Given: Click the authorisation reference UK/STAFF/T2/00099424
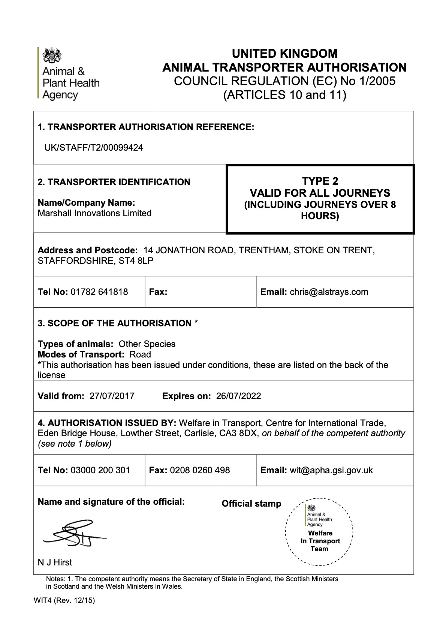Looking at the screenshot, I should (94, 148).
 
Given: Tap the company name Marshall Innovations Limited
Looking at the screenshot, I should (95, 213).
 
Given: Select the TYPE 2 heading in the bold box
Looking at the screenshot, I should (320, 181).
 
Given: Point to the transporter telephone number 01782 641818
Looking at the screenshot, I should (99, 292).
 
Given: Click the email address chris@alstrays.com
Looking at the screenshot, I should (329, 292).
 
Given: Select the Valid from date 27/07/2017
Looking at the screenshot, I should (112, 396).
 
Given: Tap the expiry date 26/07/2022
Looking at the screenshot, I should (238, 396).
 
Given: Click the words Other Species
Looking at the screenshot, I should (147, 344).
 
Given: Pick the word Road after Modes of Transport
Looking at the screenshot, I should (140, 354).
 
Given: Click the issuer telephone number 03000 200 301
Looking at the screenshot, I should (100, 470).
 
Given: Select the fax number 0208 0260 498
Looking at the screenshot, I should (200, 470).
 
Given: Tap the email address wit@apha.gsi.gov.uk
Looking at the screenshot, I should (331, 470).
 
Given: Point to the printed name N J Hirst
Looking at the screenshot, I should (55, 562).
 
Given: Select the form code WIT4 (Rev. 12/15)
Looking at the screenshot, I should (64, 601).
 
